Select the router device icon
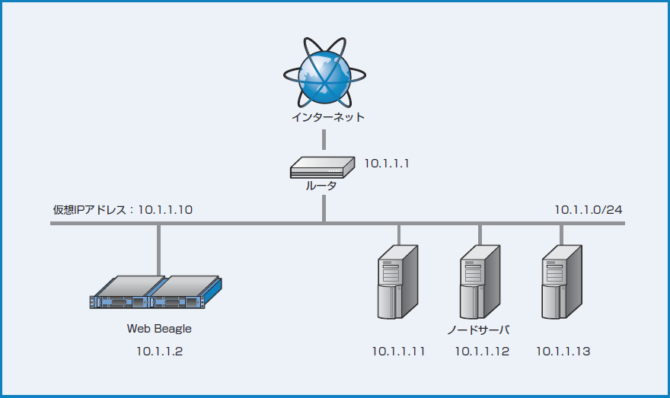click(x=323, y=167)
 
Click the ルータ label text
click(x=321, y=186)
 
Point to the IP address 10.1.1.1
click(x=387, y=162)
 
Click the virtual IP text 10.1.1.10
click(x=165, y=209)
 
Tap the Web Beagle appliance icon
click(x=156, y=293)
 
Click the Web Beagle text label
click(x=159, y=329)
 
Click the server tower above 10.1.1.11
click(x=397, y=282)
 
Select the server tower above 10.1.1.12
click(x=479, y=282)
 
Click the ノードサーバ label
click(x=478, y=330)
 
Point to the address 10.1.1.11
click(x=398, y=352)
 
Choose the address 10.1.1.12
click(x=482, y=352)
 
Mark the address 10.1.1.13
click(x=563, y=352)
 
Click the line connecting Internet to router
click(x=324, y=139)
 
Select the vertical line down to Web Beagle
click(x=159, y=249)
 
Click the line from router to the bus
click(x=324, y=208)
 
